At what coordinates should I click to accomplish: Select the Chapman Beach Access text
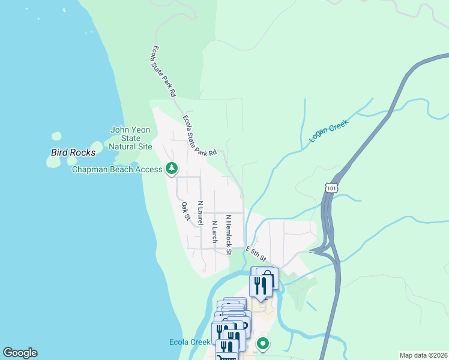[117, 170]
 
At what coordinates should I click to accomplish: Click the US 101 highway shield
[332, 188]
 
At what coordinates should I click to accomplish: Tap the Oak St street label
[185, 211]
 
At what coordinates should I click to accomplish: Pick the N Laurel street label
[200, 212]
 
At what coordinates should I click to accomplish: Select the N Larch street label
[214, 232]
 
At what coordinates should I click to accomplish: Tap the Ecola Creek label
[189, 342]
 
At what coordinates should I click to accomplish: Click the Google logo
[20, 353]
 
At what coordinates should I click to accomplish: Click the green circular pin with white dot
[262, 344]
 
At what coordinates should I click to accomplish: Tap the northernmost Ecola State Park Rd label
[163, 71]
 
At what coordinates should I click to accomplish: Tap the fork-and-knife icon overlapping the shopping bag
[260, 285]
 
